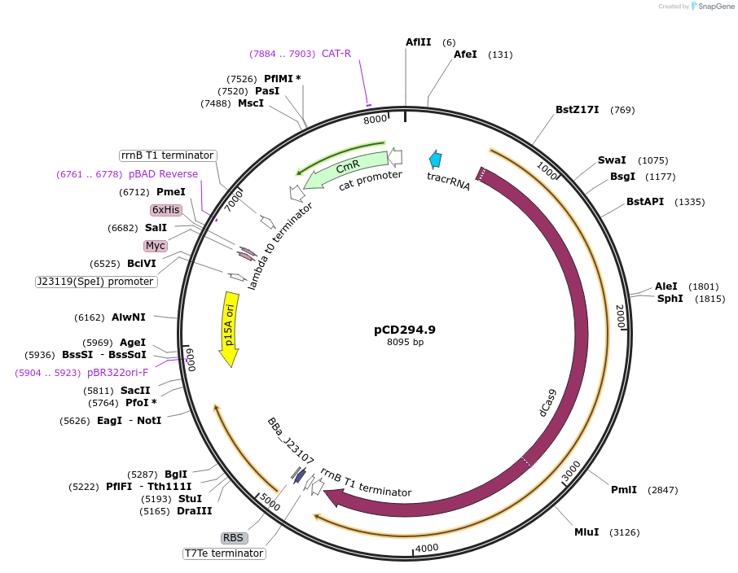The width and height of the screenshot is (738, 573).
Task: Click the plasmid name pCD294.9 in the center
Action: click(x=405, y=330)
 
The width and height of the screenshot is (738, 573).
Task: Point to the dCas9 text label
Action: click(x=547, y=403)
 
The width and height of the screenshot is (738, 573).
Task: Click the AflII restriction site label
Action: click(x=419, y=42)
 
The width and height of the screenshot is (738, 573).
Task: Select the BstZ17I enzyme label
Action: click(x=578, y=110)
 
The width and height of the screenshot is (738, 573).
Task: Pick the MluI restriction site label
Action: click(x=586, y=531)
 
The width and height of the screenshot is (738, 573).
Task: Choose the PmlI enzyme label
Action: click(x=624, y=489)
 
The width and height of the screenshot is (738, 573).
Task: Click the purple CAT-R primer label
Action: click(x=336, y=54)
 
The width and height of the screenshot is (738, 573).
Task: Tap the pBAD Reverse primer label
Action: click(x=163, y=174)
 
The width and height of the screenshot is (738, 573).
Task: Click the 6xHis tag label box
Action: click(x=165, y=210)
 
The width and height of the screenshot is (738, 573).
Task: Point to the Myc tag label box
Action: click(x=155, y=246)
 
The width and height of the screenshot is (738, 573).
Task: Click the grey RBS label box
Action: click(x=233, y=538)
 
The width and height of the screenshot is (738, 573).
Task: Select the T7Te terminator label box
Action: click(x=224, y=553)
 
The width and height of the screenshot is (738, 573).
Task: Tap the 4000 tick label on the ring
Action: click(x=427, y=548)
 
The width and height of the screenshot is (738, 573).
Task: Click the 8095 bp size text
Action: click(x=405, y=342)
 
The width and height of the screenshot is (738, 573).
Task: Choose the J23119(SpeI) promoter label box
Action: click(x=95, y=282)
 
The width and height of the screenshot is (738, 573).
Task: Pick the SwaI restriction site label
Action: click(x=612, y=160)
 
